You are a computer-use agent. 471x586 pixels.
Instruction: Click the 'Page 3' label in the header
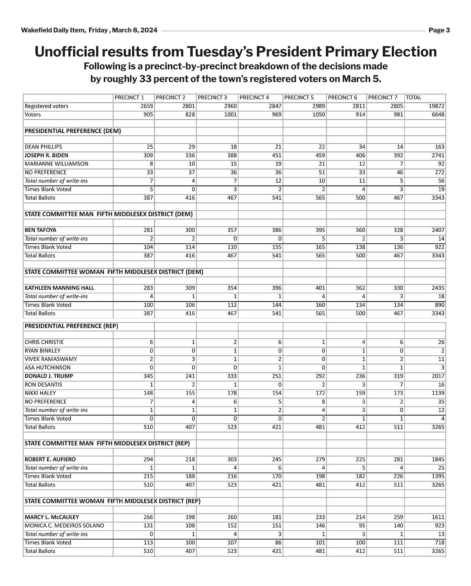click(x=439, y=30)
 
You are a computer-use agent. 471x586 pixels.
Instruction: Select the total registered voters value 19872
click(x=436, y=106)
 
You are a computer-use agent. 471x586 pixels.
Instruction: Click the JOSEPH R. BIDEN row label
click(x=46, y=155)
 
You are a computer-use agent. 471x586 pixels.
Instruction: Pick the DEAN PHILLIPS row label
click(x=43, y=147)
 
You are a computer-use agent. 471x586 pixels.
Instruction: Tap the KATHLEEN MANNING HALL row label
click(x=59, y=288)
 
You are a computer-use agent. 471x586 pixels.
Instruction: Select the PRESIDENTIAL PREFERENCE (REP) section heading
click(x=71, y=326)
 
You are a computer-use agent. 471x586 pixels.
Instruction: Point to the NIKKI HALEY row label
click(x=40, y=393)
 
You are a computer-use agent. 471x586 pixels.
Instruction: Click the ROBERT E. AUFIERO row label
click(x=50, y=459)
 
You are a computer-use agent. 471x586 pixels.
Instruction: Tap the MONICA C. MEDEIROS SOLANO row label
click(x=64, y=526)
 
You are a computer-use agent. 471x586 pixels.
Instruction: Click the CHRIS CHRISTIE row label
click(x=44, y=342)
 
